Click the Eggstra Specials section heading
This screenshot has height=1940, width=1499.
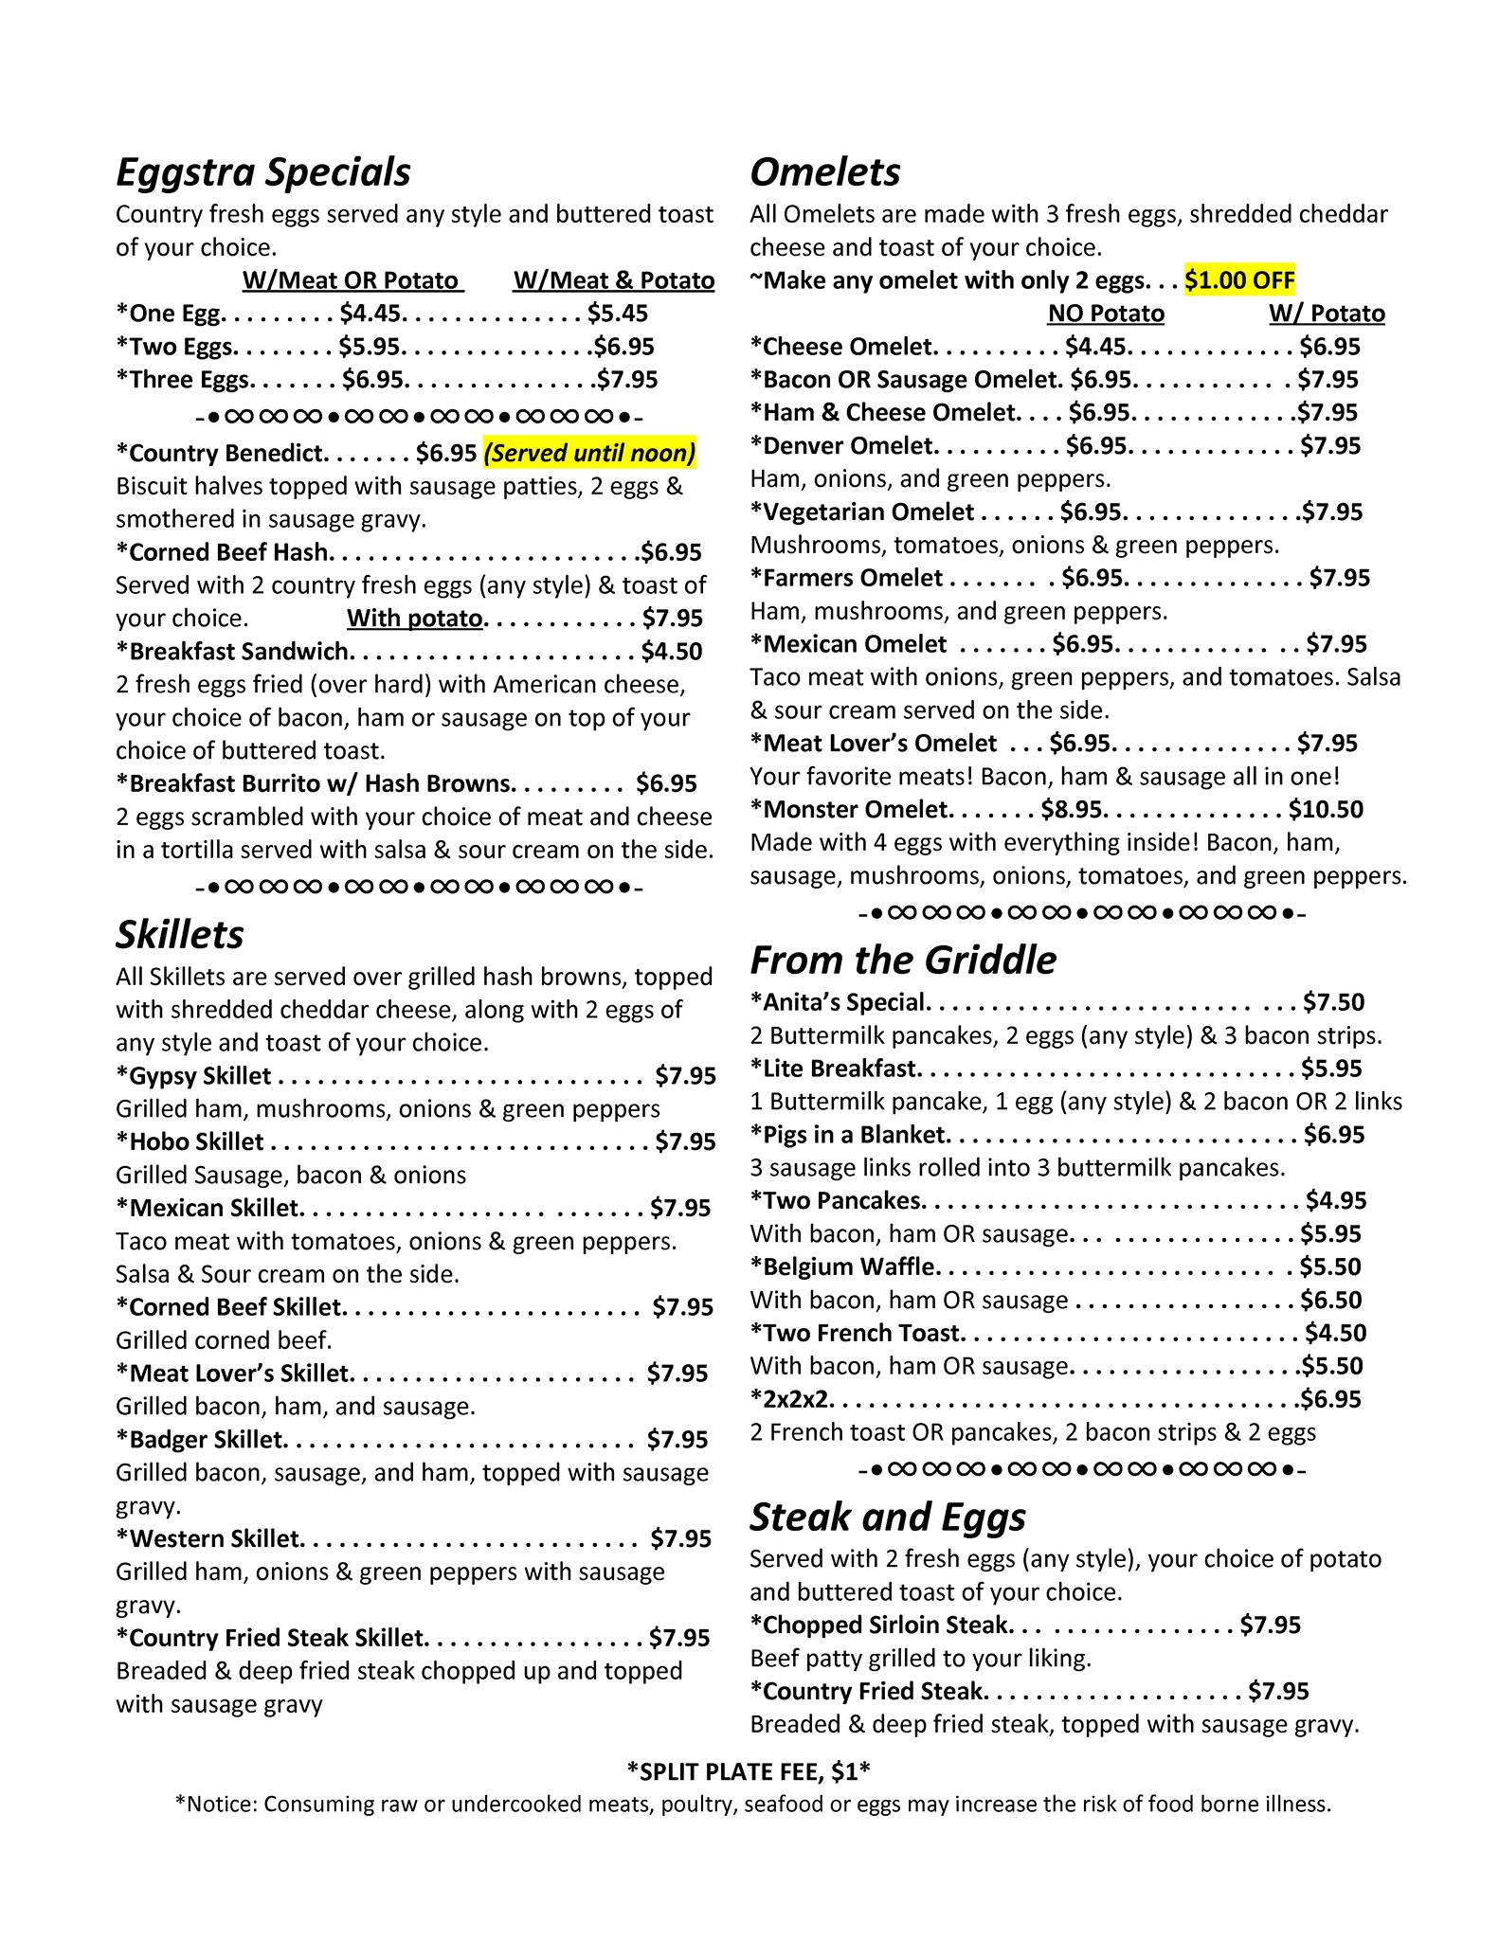pyautogui.click(x=263, y=172)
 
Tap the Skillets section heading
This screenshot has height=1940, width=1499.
pyautogui.click(x=179, y=935)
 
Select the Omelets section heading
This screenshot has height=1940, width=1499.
pyautogui.click(x=824, y=172)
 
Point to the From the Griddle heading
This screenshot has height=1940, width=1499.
pyautogui.click(x=902, y=960)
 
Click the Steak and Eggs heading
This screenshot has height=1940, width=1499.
pyautogui.click(x=887, y=1517)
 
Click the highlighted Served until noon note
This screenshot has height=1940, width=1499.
pyautogui.click(x=589, y=453)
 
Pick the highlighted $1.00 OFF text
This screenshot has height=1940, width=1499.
pyautogui.click(x=1239, y=280)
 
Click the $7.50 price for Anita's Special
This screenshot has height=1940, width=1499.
pyautogui.click(x=1334, y=1002)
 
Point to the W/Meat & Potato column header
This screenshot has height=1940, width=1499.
pyautogui.click(x=614, y=280)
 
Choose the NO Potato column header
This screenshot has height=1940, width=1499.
pyautogui.click(x=1106, y=314)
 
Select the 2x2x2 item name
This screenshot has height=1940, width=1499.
pyautogui.click(x=792, y=1399)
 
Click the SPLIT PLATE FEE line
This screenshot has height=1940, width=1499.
pyautogui.click(x=749, y=1770)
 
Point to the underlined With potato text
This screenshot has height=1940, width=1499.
pyautogui.click(x=415, y=619)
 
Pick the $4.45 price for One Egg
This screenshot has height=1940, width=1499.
pyautogui.click(x=371, y=314)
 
